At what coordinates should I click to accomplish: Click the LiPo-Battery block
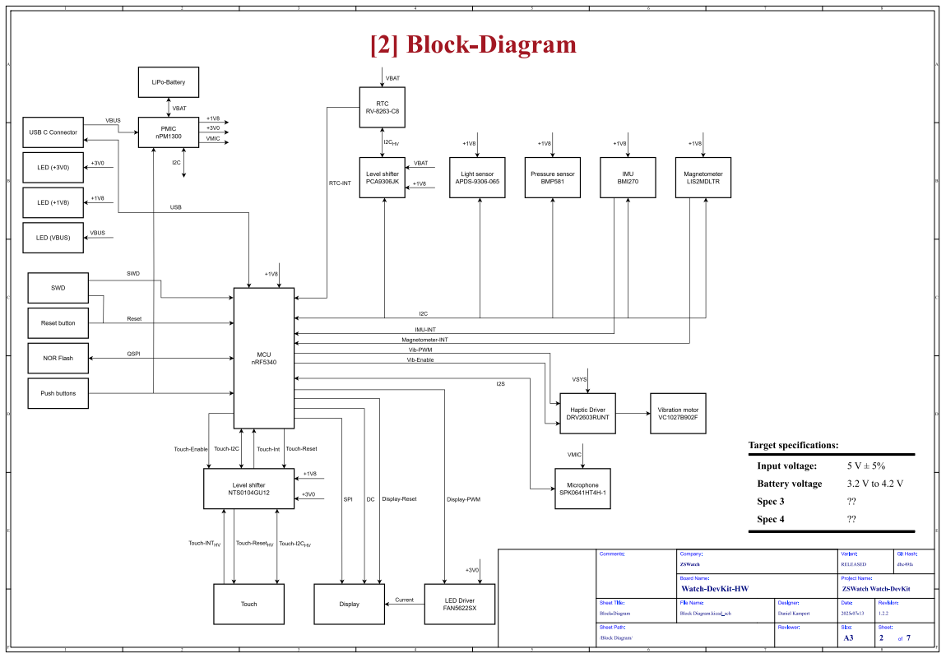click(168, 82)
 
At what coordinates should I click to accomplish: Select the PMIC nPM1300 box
click(168, 132)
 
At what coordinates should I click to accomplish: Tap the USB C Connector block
click(53, 132)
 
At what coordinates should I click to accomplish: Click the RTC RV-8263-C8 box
click(383, 107)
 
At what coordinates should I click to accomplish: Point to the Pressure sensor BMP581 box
click(553, 178)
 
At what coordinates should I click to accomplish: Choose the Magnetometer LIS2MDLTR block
click(703, 178)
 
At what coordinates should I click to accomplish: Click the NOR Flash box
click(58, 358)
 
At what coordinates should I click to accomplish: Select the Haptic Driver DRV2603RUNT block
click(588, 413)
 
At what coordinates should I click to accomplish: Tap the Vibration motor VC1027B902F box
click(678, 413)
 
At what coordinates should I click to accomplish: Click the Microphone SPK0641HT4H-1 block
click(583, 489)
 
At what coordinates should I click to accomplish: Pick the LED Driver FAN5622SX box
click(460, 605)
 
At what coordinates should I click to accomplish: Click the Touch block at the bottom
click(248, 605)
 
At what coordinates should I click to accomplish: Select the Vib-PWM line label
click(408, 350)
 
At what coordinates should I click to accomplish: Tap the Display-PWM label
click(463, 499)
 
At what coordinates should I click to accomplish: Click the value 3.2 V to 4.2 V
click(875, 484)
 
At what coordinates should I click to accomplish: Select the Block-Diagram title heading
click(473, 44)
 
